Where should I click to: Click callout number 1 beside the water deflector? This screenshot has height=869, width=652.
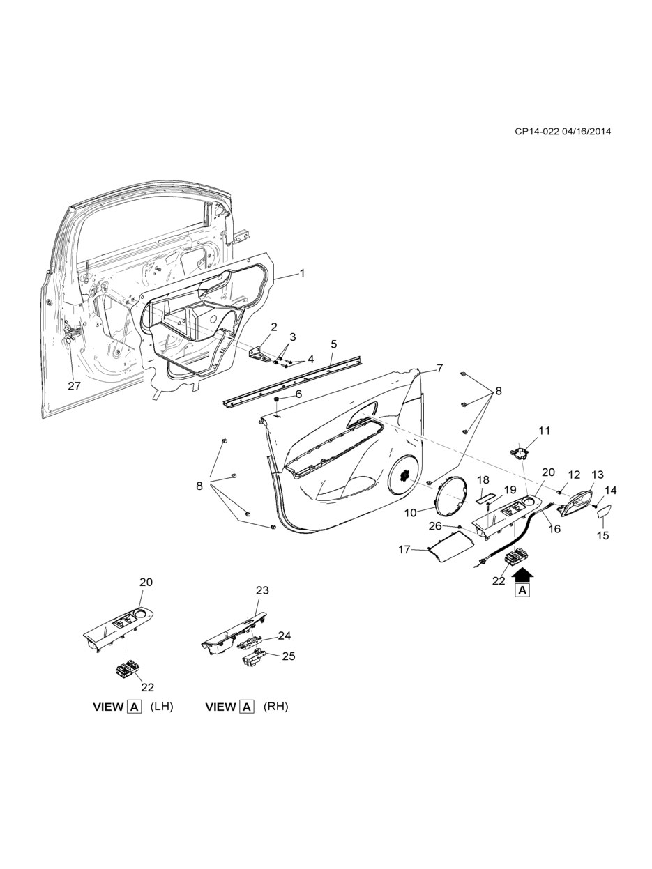302,273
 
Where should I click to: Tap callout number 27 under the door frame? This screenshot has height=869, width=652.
75,386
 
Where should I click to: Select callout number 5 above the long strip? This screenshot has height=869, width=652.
334,344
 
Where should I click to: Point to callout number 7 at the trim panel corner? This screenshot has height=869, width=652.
440,368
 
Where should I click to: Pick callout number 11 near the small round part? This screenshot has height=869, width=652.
544,431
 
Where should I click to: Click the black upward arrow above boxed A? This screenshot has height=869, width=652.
522,573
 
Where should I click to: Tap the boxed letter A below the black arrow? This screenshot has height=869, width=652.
522,591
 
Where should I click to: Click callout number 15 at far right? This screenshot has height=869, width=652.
603,535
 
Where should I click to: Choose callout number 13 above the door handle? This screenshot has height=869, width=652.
598,475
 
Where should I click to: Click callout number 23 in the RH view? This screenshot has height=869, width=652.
261,590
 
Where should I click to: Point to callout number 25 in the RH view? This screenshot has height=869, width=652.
289,656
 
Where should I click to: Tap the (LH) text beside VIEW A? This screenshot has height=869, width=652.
162,706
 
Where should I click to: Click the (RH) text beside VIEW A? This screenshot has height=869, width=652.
275,706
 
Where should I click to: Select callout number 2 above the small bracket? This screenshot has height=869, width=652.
274,326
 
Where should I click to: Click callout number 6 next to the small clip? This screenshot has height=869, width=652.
298,394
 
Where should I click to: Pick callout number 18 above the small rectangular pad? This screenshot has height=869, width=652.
483,480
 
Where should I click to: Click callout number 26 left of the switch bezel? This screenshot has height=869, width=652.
436,525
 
